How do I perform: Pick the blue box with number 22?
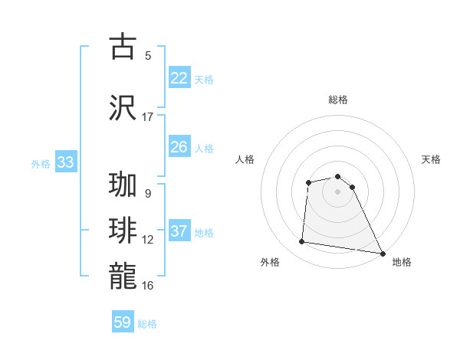pos(179,78)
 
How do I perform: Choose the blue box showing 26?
pos(179,147)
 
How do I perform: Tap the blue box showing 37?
pos(179,232)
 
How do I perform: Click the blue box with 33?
pos(65,162)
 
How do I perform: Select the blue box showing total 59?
pos(123,322)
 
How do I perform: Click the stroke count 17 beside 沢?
pos(148,116)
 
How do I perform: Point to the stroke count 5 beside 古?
pos(148,55)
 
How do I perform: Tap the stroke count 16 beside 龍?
pos(148,285)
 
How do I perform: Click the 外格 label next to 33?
pos(41,163)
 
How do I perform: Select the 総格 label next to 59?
pos(147,323)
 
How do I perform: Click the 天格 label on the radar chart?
pos(432,159)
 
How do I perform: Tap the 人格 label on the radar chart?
pos(245,159)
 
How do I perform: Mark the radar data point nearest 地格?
pos(383,254)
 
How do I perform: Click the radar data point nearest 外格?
pos(302,242)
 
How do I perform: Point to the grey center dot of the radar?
pos(338,191)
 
